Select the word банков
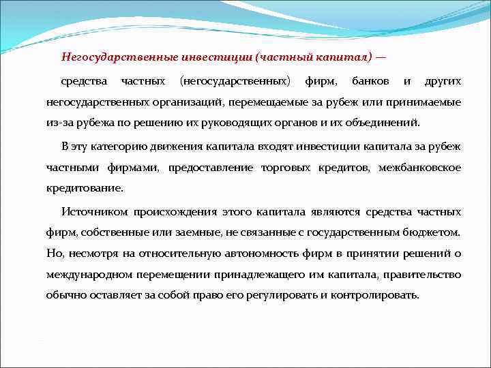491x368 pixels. pyautogui.click(x=370, y=82)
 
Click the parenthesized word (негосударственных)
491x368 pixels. pyautogui.click(x=234, y=82)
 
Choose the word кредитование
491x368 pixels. pyautogui.click(x=85, y=189)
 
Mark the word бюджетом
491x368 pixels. pyautogui.click(x=436, y=232)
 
